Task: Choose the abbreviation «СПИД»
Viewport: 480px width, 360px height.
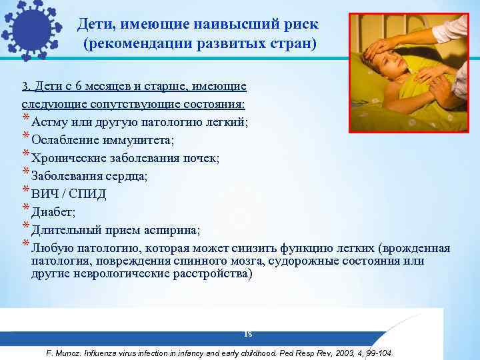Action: [87, 195]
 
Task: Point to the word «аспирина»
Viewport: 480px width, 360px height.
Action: [171, 231]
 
